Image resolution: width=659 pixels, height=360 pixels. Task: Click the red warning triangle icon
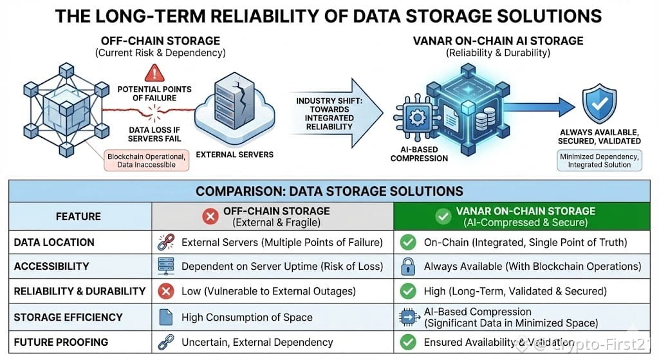click(154, 72)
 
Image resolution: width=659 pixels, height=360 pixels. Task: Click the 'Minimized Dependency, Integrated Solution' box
click(599, 160)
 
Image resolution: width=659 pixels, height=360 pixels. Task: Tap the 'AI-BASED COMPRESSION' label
click(418, 154)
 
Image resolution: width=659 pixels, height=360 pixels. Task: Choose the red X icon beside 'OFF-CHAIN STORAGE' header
click(210, 216)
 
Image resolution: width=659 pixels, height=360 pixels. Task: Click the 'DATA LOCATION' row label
click(54, 243)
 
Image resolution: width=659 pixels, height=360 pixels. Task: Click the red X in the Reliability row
click(166, 291)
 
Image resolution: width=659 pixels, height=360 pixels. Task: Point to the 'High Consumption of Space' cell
click(246, 317)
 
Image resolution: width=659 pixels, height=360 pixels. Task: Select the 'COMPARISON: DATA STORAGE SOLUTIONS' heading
click(329, 191)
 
